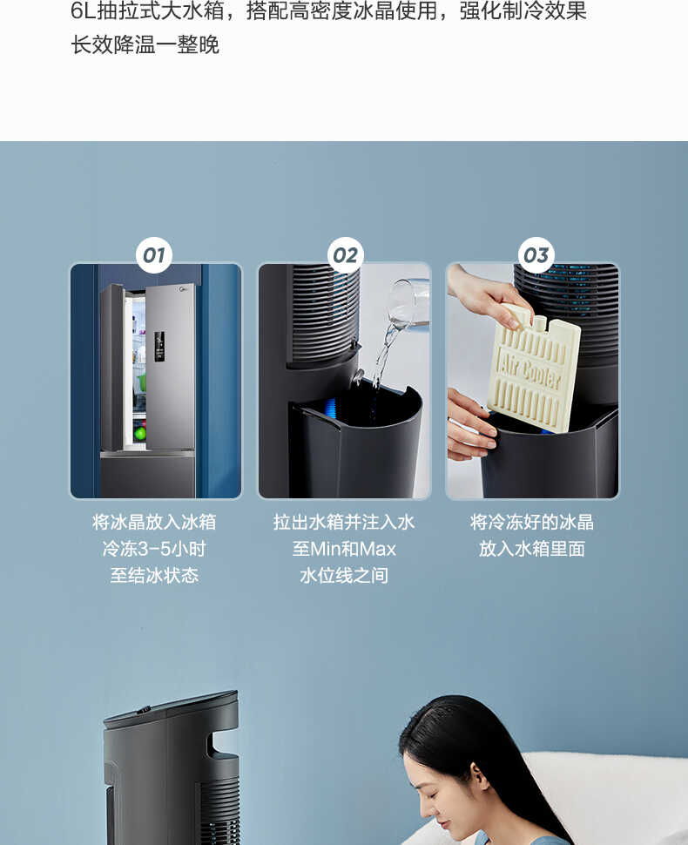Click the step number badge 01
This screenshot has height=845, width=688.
pyautogui.click(x=154, y=255)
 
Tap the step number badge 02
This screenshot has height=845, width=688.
pyautogui.click(x=345, y=255)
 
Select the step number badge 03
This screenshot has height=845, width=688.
pyautogui.click(x=536, y=255)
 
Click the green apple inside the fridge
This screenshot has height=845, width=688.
pyautogui.click(x=139, y=433)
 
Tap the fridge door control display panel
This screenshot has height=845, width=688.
pyautogui.click(x=159, y=346)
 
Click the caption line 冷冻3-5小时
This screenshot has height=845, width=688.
pyautogui.click(x=154, y=549)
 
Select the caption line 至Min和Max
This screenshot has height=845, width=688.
pyautogui.click(x=344, y=549)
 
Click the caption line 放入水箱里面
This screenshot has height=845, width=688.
pyautogui.click(x=532, y=549)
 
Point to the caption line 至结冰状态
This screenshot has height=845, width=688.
pyautogui.click(x=154, y=576)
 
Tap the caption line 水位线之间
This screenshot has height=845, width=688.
pyautogui.click(x=344, y=576)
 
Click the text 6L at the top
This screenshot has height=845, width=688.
pyautogui.click(x=83, y=12)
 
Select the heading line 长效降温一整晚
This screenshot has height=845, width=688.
pyautogui.click(x=145, y=44)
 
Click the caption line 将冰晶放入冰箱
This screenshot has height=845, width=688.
pyautogui.click(x=154, y=523)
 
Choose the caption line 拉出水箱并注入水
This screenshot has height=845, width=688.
pyautogui.click(x=344, y=523)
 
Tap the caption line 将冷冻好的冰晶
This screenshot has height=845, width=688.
pyautogui.click(x=532, y=523)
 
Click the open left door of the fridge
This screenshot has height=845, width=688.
pyautogui.click(x=112, y=366)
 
